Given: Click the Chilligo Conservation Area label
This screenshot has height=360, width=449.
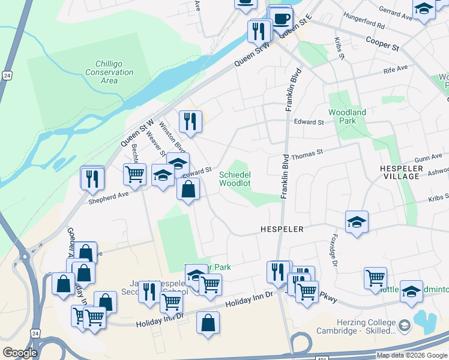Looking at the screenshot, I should click(x=109, y=72).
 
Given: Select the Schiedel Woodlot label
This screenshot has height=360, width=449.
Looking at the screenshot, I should click(x=234, y=179).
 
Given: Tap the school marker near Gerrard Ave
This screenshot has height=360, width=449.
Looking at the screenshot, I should click(x=424, y=9).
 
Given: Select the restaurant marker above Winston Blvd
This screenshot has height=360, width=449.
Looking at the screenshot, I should click(x=190, y=121).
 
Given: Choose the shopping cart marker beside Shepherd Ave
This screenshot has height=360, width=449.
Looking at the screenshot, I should click(x=135, y=175).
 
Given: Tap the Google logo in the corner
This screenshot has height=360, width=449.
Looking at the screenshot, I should click(x=20, y=353).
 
